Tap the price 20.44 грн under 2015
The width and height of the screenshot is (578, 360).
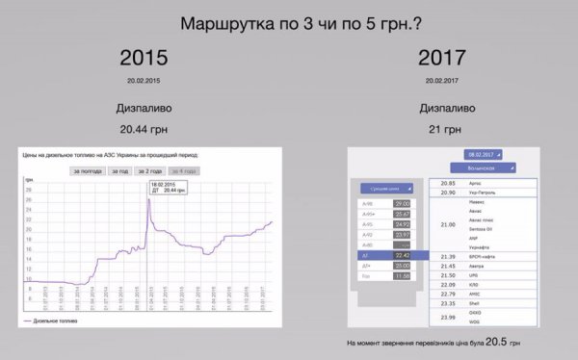(143, 128)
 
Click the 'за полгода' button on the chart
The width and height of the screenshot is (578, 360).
(86, 171)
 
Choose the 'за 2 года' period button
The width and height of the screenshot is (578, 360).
(150, 171)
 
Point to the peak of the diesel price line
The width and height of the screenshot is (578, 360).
(148, 198)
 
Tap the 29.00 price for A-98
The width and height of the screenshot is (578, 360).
(401, 204)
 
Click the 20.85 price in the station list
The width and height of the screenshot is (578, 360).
(447, 182)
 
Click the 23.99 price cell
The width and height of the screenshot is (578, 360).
(447, 317)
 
